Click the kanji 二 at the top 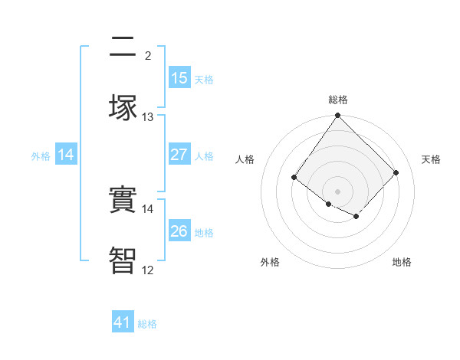tap(123, 48)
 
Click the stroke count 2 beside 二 tap(148, 55)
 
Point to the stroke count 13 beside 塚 tap(148, 116)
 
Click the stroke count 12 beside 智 tap(148, 269)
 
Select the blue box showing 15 tap(179, 78)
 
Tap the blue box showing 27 tap(179, 155)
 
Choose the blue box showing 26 tap(179, 231)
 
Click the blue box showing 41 tap(123, 322)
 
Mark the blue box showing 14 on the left tap(66, 155)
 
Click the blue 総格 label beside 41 tap(147, 324)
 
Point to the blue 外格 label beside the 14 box tap(41, 156)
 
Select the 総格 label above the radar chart tap(338, 100)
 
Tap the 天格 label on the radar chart tap(431, 159)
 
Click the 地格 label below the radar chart tap(402, 262)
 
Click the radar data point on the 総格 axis tap(337, 116)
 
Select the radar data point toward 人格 tap(294, 178)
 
